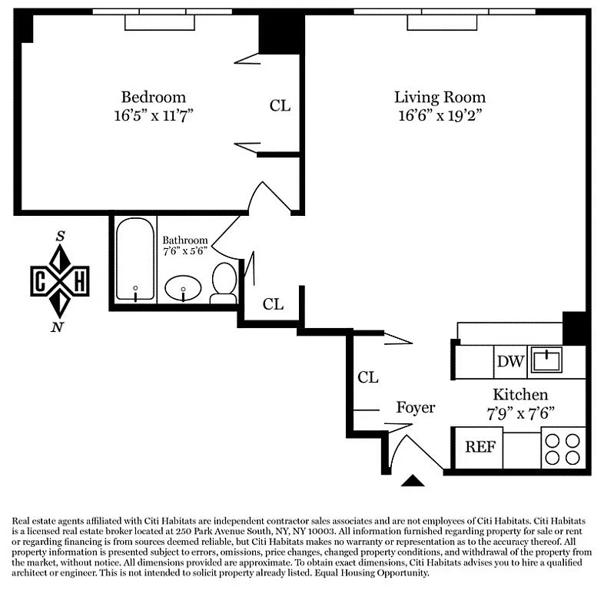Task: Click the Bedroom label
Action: [154, 97]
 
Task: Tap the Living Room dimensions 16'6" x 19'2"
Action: [440, 115]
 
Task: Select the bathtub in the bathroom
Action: [135, 260]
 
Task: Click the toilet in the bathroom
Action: [224, 283]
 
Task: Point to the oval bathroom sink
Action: [183, 288]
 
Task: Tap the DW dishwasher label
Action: [510, 361]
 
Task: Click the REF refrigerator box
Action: [480, 447]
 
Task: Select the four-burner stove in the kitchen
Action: [563, 449]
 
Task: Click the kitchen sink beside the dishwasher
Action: [546, 360]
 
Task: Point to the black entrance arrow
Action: [413, 481]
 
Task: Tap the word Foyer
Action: [416, 407]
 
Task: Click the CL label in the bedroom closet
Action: [280, 105]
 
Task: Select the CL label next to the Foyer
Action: [368, 377]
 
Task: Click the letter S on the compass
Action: [60, 236]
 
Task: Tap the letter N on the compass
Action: [57, 327]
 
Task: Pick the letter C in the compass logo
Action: [40, 281]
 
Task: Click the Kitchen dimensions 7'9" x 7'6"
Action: [520, 413]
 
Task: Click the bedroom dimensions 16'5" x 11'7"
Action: [154, 115]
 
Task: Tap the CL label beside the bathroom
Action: [273, 304]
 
